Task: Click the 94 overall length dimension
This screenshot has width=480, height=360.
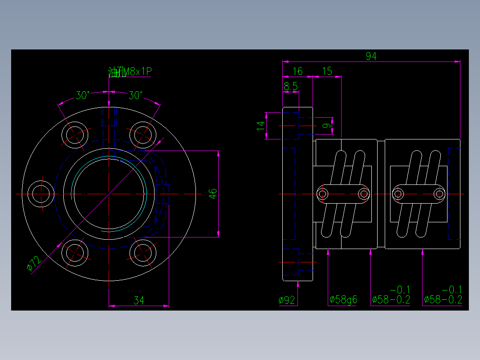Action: [371, 56]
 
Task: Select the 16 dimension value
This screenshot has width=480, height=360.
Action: [297, 71]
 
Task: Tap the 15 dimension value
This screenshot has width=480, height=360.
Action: [327, 71]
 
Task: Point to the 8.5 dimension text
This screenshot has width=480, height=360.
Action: [290, 86]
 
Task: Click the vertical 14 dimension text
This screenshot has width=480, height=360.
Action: [260, 126]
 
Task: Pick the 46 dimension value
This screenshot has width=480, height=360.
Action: [213, 193]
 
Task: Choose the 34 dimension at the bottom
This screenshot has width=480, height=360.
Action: [139, 301]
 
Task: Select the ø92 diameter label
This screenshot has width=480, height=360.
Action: [287, 300]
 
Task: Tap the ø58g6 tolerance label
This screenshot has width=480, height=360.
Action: [343, 300]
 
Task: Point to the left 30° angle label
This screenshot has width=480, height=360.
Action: [82, 95]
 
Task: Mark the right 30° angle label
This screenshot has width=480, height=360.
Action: [136, 95]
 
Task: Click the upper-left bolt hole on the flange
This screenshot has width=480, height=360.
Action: [75, 134]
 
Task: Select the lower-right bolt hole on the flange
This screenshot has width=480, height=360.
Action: [142, 253]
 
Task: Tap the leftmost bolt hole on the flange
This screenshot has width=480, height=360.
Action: [41, 193]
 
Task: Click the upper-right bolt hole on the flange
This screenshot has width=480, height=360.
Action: [142, 134]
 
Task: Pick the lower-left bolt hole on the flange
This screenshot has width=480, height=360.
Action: [75, 253]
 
